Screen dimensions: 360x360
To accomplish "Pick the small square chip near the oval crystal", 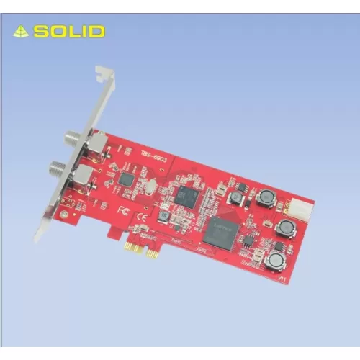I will pos(127,179).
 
